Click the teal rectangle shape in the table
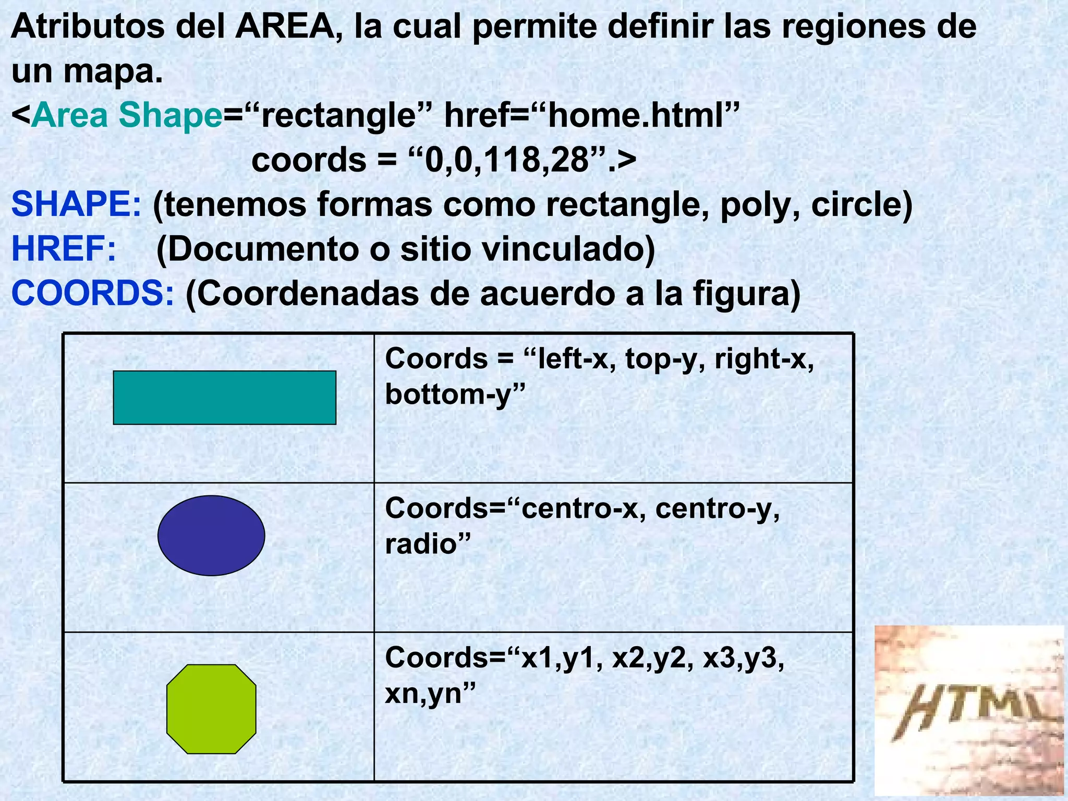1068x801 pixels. (224, 398)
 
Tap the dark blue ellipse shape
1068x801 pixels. (211, 536)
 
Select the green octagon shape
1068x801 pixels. (211, 709)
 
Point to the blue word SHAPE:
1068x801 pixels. (76, 204)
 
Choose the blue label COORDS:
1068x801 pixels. (92, 294)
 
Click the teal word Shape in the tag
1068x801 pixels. (171, 115)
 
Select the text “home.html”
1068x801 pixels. (642, 115)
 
